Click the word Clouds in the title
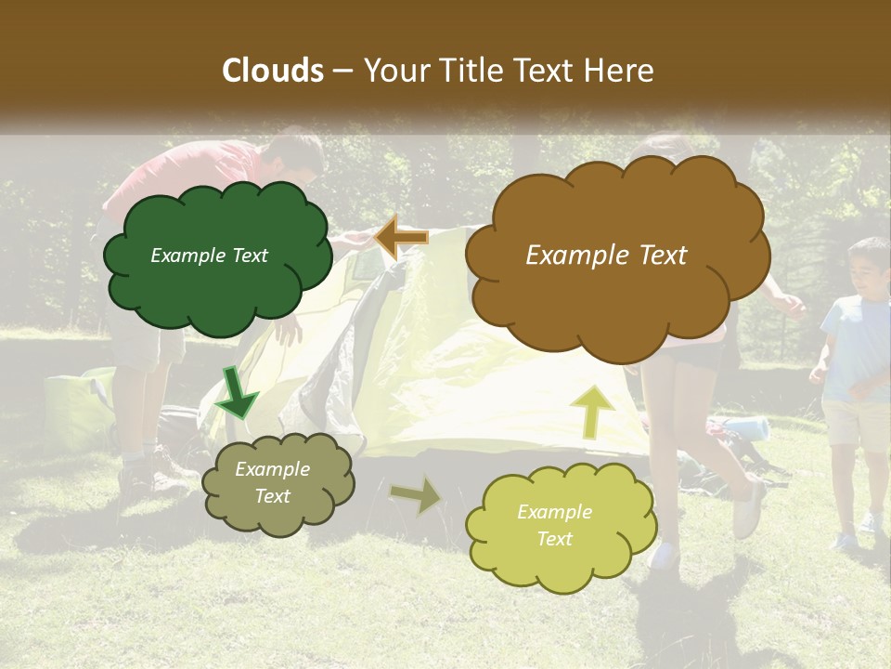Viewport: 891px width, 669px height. point(273,71)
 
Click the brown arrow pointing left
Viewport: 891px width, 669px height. point(402,238)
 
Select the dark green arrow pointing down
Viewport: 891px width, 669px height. point(236,394)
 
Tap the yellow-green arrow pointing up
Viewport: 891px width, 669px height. point(593,411)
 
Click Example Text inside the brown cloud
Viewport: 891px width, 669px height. point(606,256)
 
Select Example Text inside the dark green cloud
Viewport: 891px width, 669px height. point(209,256)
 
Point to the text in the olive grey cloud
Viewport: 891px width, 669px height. point(272,483)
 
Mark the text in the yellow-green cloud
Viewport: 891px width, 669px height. point(554,525)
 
